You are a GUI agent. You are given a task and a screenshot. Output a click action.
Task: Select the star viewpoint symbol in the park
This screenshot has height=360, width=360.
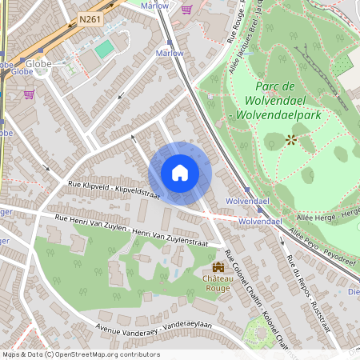pos(290,140)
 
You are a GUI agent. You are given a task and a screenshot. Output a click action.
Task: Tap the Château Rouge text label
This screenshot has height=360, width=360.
pos(218,283)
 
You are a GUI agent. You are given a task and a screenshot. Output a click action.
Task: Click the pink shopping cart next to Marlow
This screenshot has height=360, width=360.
pos(186,9)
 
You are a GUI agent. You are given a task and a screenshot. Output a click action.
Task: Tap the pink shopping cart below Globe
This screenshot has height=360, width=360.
pos(30,94)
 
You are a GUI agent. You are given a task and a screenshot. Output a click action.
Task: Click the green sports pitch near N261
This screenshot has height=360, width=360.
pos(104,50)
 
